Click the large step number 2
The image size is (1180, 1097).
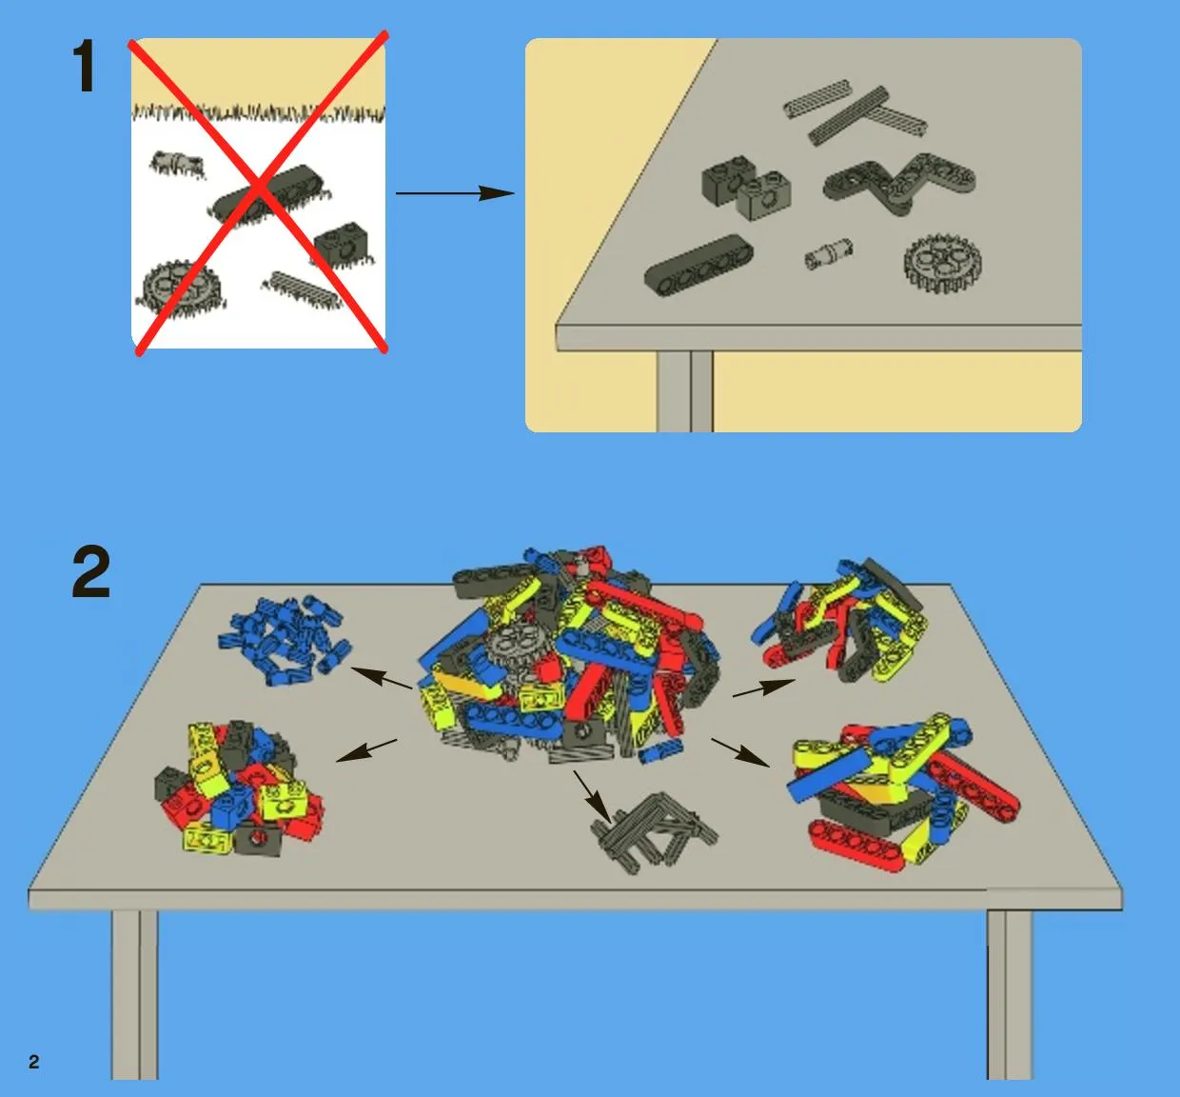91,572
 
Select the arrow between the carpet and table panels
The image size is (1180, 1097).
455,192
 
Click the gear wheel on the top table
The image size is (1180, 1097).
942,264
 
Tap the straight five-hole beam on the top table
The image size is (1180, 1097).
698,264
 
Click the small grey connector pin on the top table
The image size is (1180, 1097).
829,254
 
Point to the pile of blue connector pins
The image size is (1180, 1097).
285,640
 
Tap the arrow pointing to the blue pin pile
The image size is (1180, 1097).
381,678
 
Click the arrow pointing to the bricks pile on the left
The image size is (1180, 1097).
366,749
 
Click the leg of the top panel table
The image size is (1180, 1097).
685,391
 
